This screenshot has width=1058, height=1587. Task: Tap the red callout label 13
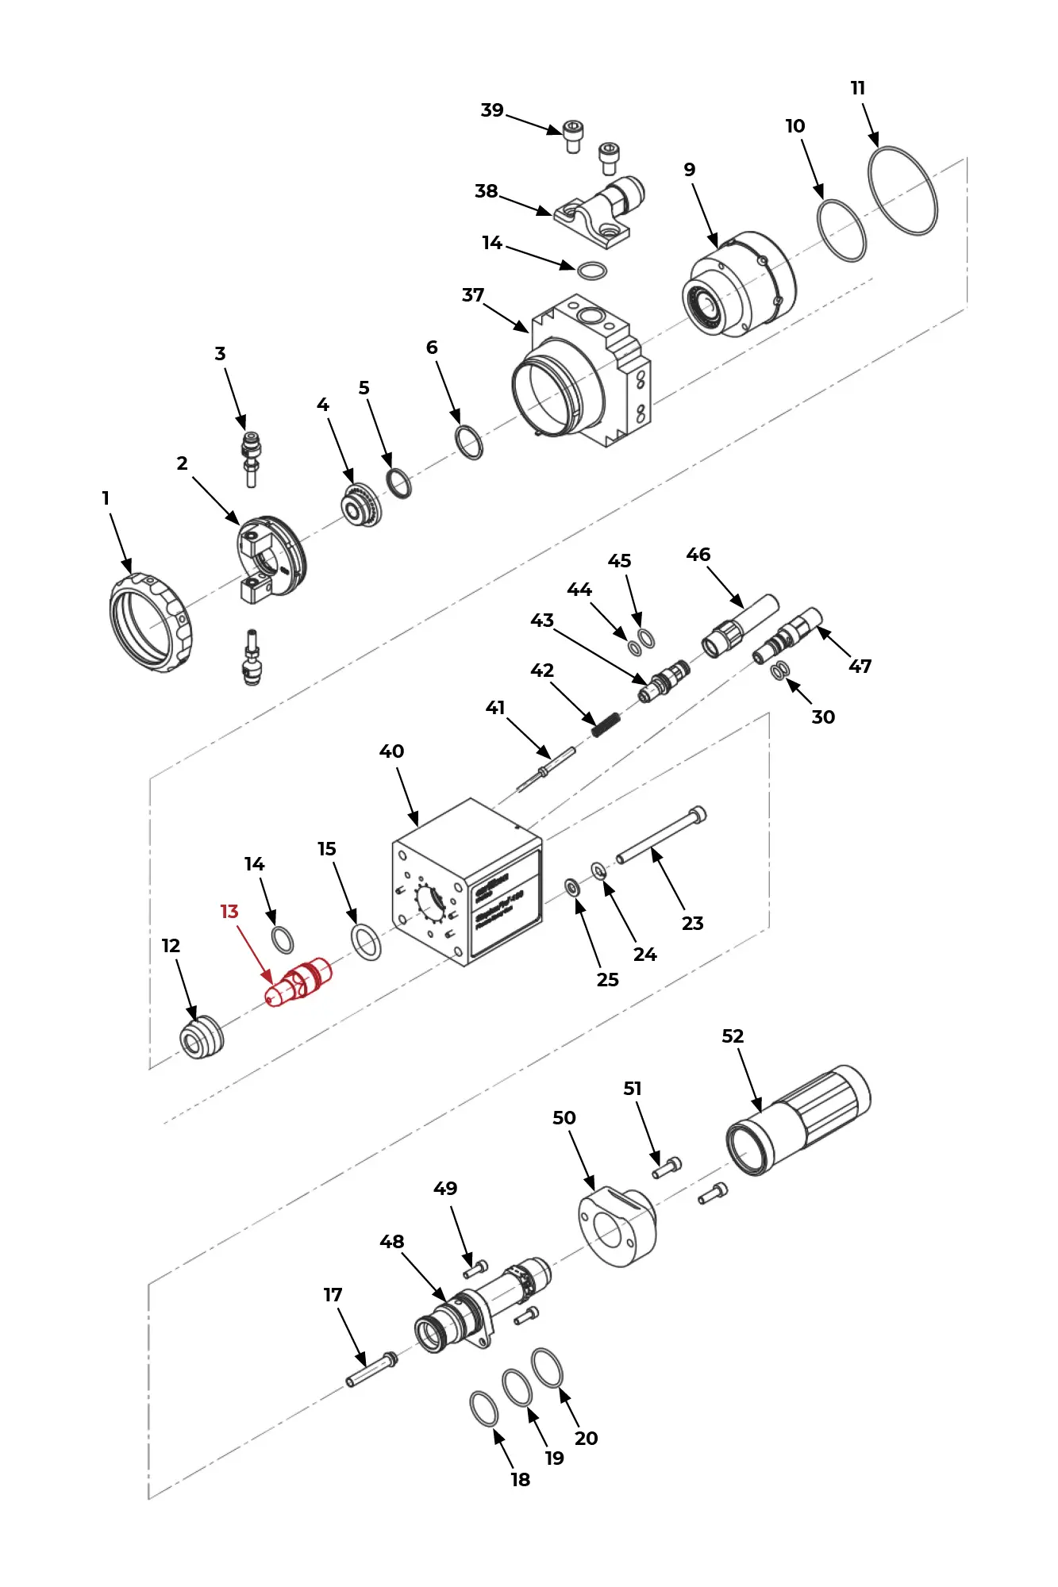229,912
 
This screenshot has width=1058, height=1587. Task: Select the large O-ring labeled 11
902,190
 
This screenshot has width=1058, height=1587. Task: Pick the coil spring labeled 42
606,724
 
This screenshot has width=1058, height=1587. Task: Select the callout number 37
473,295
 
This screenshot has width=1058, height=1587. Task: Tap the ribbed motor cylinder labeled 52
798,1120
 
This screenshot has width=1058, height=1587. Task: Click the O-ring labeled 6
469,442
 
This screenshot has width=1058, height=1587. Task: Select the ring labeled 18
484,1408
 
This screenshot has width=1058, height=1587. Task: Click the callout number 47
860,667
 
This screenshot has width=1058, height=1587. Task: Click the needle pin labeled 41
546,768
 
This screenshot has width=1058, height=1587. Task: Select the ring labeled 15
366,942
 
